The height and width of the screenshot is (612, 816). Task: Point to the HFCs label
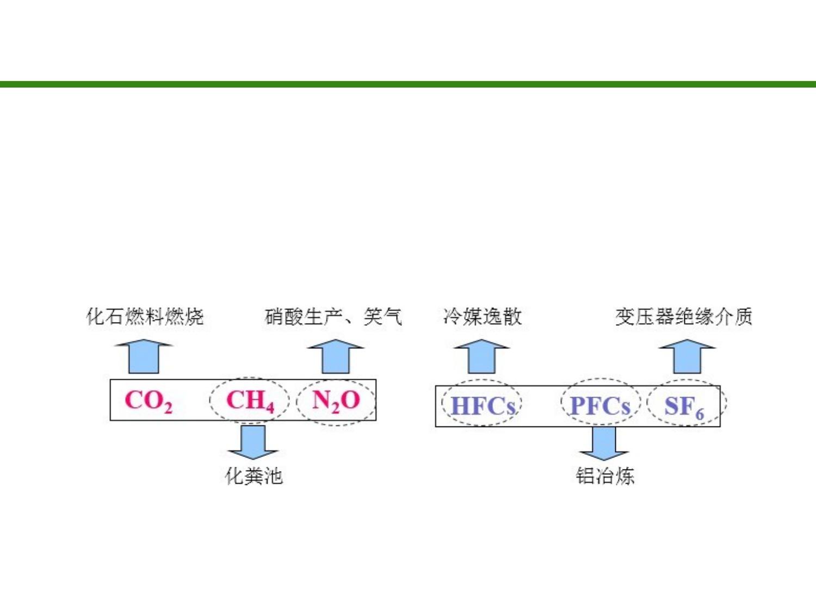click(x=483, y=406)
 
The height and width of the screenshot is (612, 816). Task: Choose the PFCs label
click(x=600, y=406)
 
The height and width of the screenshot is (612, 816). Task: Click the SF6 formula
click(x=684, y=408)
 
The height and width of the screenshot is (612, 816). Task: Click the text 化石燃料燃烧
click(x=145, y=317)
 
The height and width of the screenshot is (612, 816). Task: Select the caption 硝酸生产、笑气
click(x=333, y=317)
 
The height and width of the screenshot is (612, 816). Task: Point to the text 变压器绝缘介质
click(x=684, y=317)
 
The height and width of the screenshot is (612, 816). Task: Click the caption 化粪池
click(x=254, y=476)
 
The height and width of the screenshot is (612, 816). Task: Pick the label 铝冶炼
click(x=605, y=476)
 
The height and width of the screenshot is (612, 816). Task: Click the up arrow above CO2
click(x=144, y=356)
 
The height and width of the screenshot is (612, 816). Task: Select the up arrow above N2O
click(x=336, y=356)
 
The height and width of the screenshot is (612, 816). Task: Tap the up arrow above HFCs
click(x=482, y=356)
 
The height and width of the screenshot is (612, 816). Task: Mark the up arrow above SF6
click(x=687, y=356)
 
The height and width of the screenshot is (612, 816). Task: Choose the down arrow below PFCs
click(x=604, y=444)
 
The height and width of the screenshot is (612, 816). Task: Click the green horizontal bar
click(x=408, y=84)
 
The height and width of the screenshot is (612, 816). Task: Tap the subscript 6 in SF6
click(x=700, y=415)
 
